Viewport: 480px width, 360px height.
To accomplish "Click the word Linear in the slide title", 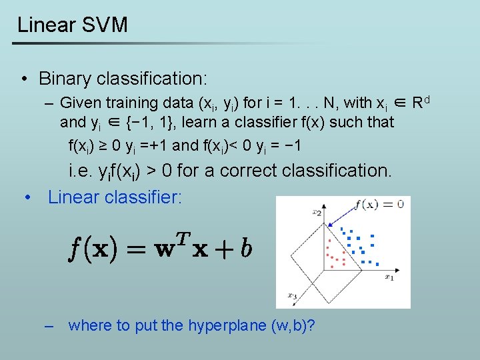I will pos(46,25).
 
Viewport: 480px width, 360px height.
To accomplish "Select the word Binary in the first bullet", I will pos(65,79).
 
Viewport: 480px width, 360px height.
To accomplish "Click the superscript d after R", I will pos(427,100).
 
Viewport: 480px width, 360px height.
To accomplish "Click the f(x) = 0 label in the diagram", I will pos(379,203).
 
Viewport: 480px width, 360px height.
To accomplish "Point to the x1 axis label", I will pos(389,279).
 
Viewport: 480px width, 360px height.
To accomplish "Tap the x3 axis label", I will pos(292,295).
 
